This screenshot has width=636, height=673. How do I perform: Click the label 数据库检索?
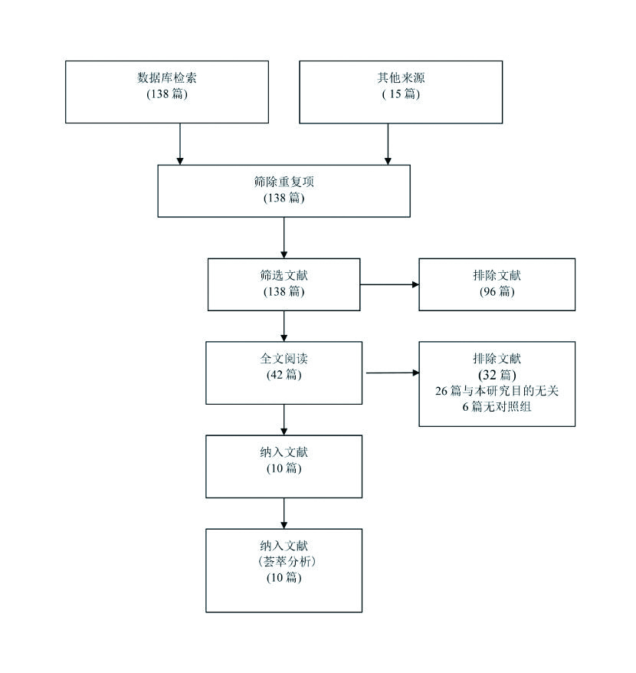(x=167, y=77)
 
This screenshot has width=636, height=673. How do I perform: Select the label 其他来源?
(x=398, y=77)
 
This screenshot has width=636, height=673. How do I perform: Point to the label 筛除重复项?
(x=284, y=182)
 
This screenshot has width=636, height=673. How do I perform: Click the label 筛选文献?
(x=284, y=275)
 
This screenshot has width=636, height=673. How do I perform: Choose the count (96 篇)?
(x=497, y=292)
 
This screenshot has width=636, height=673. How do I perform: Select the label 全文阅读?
(x=284, y=359)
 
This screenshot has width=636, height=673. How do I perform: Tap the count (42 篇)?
(x=284, y=375)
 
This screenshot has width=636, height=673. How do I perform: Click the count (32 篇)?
(x=497, y=375)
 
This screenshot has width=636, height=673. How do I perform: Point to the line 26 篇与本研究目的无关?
(x=497, y=391)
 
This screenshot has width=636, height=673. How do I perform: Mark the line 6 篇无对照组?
(x=497, y=407)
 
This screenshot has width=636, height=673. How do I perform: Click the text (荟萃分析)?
(x=284, y=562)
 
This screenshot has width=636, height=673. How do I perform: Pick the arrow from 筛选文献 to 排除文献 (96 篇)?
(x=389, y=284)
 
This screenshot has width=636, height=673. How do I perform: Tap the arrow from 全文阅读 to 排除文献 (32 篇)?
(x=392, y=373)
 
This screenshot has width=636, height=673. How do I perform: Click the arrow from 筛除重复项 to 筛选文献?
(x=284, y=238)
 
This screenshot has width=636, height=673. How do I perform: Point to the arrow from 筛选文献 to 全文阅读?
(x=284, y=326)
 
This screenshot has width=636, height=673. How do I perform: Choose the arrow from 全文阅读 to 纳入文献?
(x=284, y=419)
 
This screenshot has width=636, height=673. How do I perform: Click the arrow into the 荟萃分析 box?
(x=284, y=513)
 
